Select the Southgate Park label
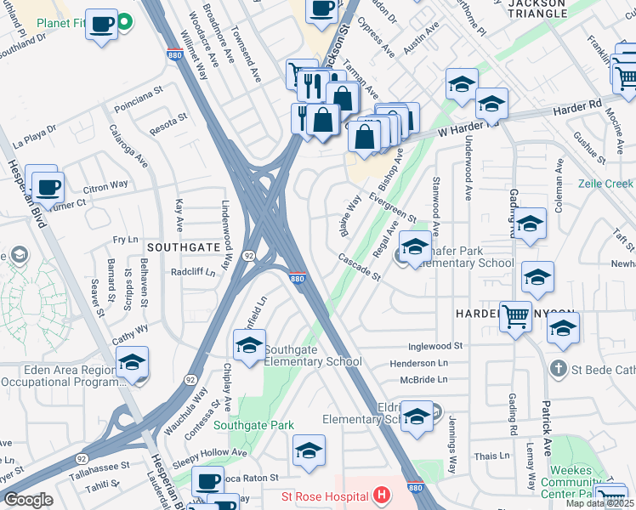253,425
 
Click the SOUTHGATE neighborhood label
179,246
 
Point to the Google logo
29,500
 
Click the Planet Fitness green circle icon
125,21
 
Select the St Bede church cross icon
558,368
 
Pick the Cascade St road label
359,265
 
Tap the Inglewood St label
434,347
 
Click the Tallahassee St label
99,467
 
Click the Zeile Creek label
605,183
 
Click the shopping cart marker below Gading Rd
515,318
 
